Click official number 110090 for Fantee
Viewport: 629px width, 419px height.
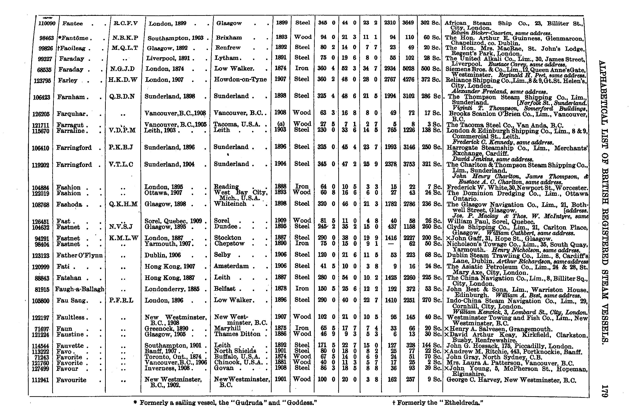(x=47, y=24)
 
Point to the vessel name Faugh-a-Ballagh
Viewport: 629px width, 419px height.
(x=79, y=289)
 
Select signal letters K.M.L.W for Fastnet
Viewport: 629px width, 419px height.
(x=123, y=238)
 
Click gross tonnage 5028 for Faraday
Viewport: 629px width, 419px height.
(x=408, y=69)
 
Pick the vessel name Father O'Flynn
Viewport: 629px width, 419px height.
(x=79, y=255)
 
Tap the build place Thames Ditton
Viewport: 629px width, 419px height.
(x=237, y=334)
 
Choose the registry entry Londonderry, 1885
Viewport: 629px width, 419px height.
(x=172, y=289)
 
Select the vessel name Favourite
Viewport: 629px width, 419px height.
(x=71, y=380)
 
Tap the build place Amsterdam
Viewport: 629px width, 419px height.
(x=231, y=266)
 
